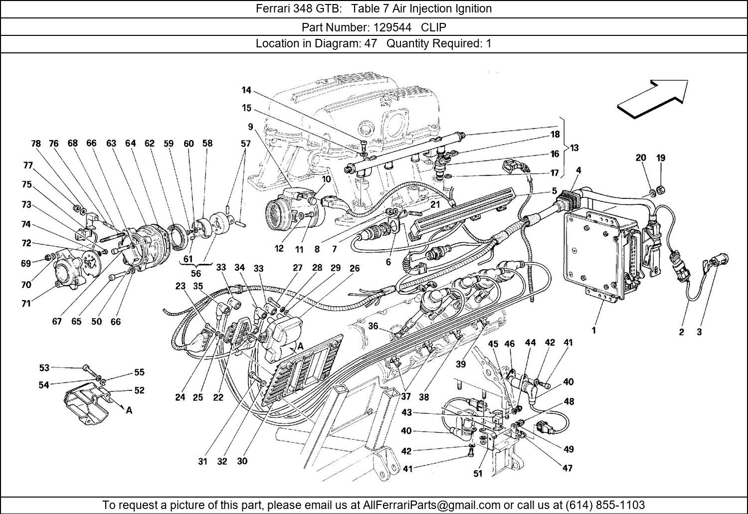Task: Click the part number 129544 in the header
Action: click(x=398, y=27)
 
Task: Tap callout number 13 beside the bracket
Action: click(x=574, y=148)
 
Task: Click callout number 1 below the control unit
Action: click(x=594, y=330)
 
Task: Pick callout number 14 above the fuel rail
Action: click(x=246, y=90)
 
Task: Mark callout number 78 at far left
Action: click(x=35, y=144)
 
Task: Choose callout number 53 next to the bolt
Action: click(x=44, y=368)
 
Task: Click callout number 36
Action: click(x=373, y=326)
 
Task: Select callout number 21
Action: click(x=435, y=204)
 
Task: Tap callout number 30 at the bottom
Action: click(x=242, y=461)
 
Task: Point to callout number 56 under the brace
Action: click(x=195, y=273)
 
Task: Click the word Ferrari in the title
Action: click(x=273, y=8)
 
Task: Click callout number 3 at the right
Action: click(x=699, y=332)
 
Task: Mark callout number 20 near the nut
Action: click(x=641, y=158)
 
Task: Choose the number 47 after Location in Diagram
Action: click(x=370, y=43)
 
